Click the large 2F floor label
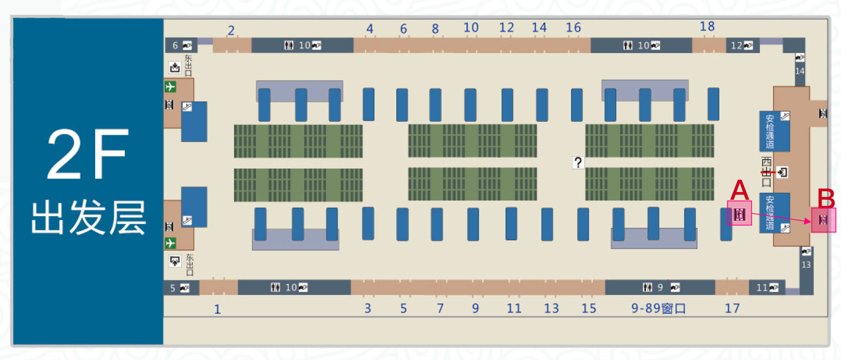coord(87,155)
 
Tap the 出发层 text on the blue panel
coord(88,217)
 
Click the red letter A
coord(739,190)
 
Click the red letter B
coord(826,198)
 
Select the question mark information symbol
coord(578,162)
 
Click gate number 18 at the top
coord(707,27)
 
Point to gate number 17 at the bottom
coord(732,308)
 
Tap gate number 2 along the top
coord(231,31)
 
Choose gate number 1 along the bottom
coord(217,310)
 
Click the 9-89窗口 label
coord(658,308)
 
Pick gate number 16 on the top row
coord(573,28)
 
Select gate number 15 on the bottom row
coord(589,308)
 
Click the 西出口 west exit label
coord(766,172)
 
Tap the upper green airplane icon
coord(170,87)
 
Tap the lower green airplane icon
coord(170,243)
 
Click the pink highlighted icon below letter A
coord(739,214)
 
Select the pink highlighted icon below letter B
coord(823,220)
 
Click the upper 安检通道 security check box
coord(774,131)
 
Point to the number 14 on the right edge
coord(799,71)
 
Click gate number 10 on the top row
coord(471,28)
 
